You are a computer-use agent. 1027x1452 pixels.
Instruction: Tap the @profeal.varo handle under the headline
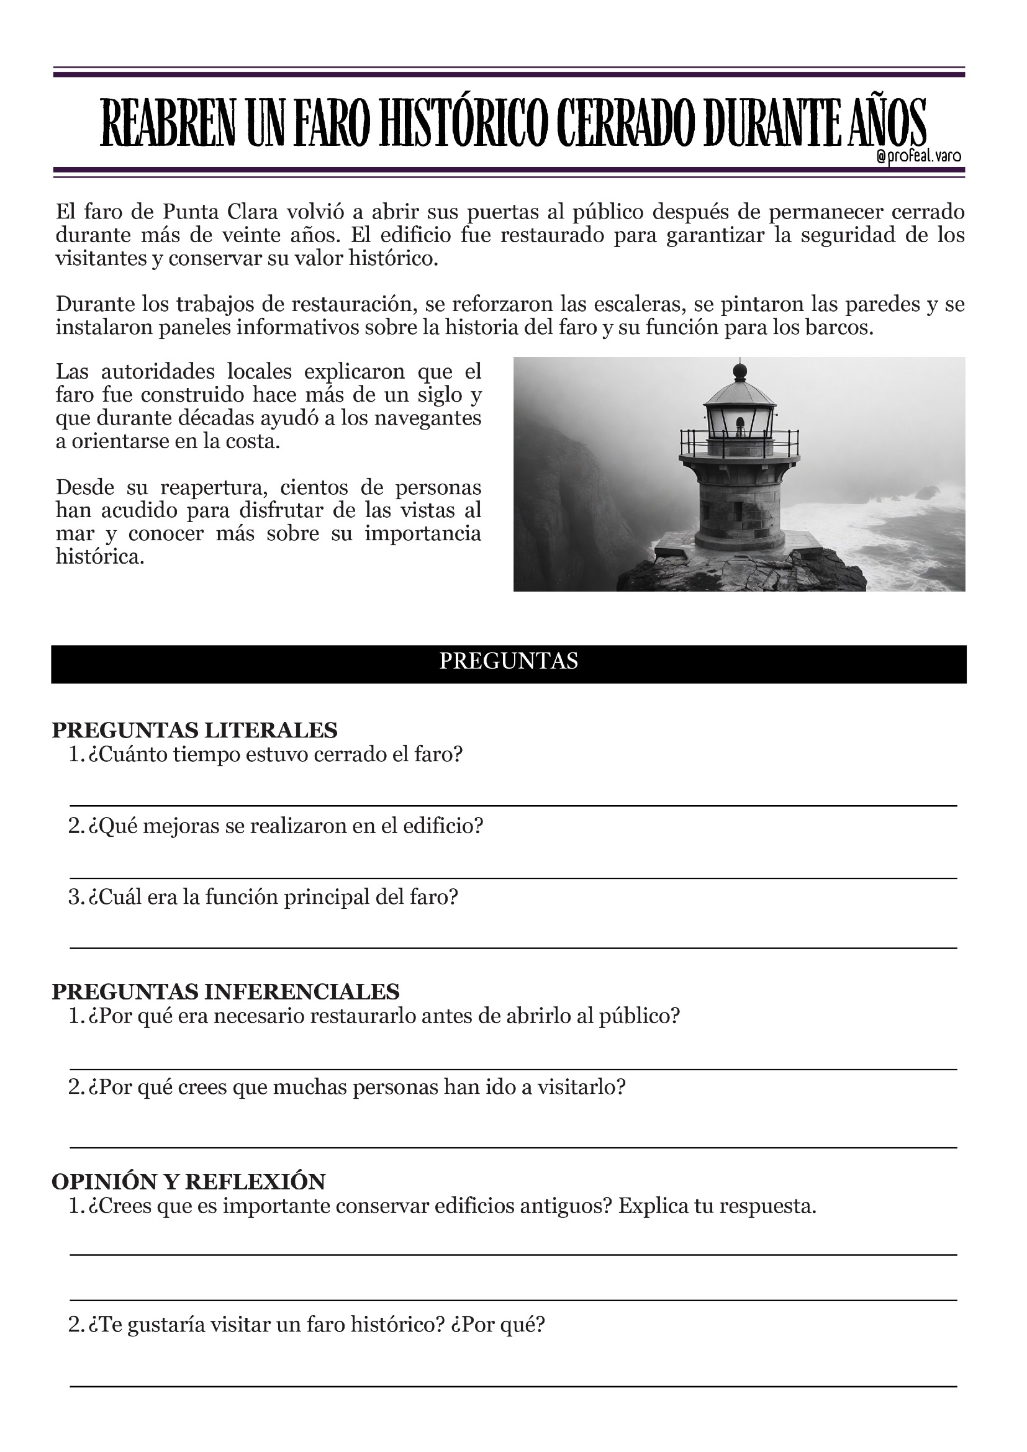pos(919,156)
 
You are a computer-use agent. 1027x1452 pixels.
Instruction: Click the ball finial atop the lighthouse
pos(740,370)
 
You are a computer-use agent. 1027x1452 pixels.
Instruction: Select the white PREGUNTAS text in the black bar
pos(509,662)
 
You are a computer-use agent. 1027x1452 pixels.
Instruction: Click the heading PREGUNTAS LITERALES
pos(195,731)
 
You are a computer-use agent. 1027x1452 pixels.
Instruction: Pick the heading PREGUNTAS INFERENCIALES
pos(226,991)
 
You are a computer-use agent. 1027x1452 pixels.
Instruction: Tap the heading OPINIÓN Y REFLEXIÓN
pos(189,1181)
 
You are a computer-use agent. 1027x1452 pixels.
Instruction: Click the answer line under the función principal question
pos(512,948)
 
